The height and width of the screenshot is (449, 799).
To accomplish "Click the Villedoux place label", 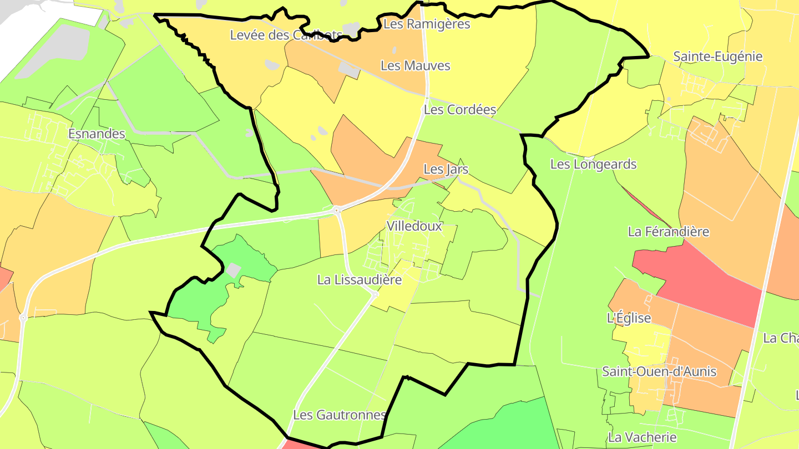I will [x=414, y=226].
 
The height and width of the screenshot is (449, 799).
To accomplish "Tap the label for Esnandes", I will [x=97, y=134].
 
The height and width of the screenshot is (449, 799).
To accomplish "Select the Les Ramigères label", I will [x=427, y=24].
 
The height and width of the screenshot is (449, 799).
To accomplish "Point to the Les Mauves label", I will [x=415, y=65].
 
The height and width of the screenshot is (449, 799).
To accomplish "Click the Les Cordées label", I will [x=459, y=110].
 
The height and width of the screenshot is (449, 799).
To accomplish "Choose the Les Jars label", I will [x=446, y=169].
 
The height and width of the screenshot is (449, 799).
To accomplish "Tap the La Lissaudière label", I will [x=359, y=280].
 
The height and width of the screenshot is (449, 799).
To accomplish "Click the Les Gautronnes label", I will [x=339, y=415].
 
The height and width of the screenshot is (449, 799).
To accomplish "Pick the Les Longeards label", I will [x=593, y=164].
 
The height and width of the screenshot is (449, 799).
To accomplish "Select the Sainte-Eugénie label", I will [x=717, y=57].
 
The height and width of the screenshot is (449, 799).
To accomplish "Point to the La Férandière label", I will [x=668, y=232].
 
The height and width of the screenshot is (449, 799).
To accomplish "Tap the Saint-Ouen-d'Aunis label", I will [x=659, y=371].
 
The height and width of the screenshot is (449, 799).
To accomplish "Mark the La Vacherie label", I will [x=642, y=437].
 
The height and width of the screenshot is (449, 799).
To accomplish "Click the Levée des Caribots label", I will [x=286, y=35].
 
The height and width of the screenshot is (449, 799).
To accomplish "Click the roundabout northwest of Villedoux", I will [x=336, y=210].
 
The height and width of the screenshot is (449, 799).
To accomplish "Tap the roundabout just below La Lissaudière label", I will [x=375, y=294].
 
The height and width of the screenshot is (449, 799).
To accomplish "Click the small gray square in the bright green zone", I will [x=234, y=271].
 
